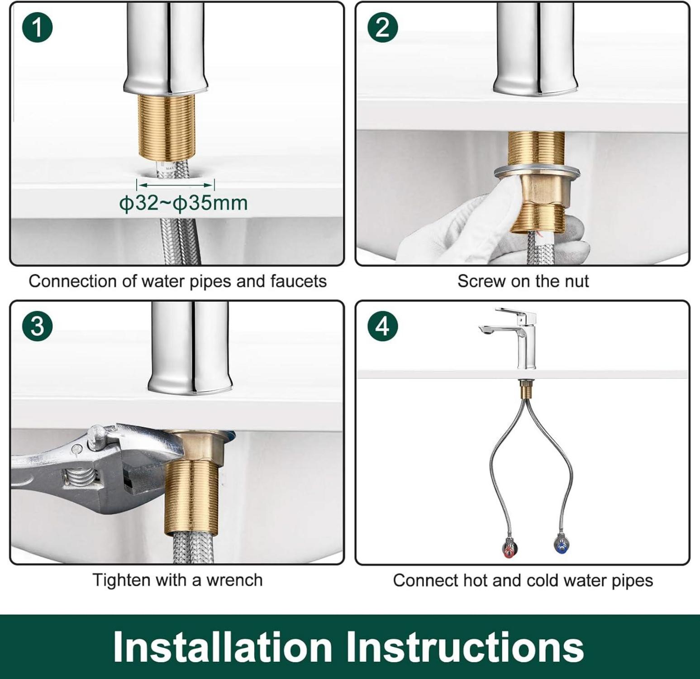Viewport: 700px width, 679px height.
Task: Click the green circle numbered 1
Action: click(38, 27)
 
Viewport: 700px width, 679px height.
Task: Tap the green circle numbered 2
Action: click(383, 27)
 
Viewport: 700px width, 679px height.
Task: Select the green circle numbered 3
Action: click(38, 326)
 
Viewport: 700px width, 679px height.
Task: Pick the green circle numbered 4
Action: click(383, 326)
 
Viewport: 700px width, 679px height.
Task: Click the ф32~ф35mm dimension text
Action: click(183, 203)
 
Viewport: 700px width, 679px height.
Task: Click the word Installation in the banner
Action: click(223, 646)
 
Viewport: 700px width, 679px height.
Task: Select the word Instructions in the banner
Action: click(465, 646)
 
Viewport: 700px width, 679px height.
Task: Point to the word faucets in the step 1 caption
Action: click(299, 281)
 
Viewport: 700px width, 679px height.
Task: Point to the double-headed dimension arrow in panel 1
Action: click(176, 185)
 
